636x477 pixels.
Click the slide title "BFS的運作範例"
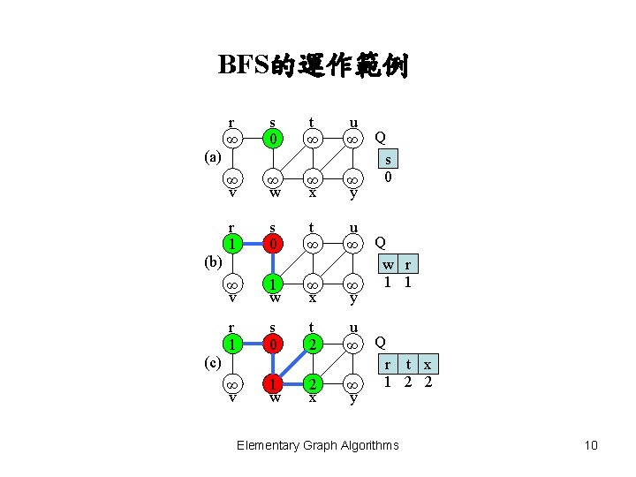pos(313,65)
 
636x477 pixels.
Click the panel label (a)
pos(212,159)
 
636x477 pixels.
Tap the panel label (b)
pos(212,262)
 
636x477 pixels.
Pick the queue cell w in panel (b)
pos(387,264)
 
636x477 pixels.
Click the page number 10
pos(591,445)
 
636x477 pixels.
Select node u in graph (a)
pos(352,140)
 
